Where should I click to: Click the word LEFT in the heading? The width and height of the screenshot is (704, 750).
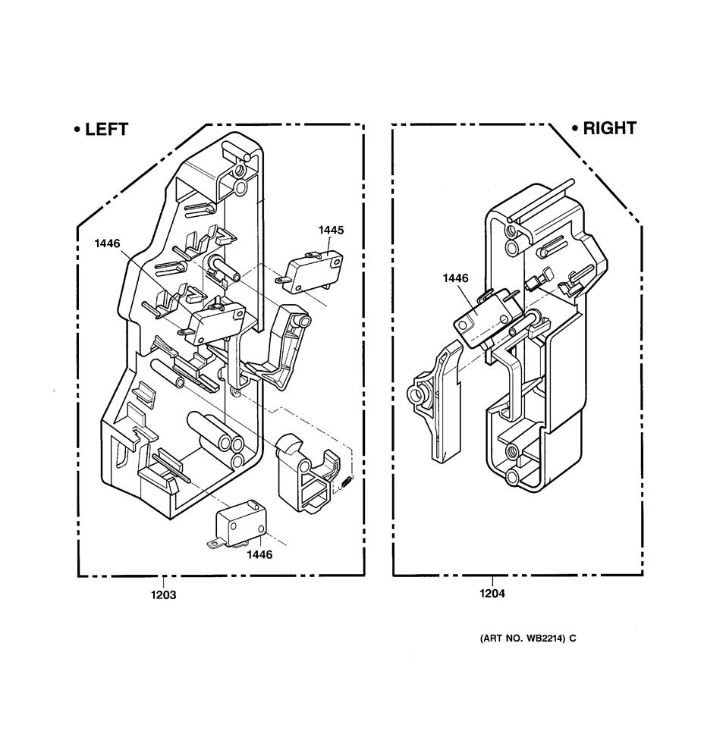point(107,129)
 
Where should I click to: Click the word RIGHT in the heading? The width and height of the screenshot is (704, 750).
point(609,128)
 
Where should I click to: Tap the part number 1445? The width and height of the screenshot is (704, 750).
point(332,230)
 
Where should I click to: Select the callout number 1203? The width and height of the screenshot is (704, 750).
point(164,595)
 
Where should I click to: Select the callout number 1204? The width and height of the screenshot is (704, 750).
point(492,594)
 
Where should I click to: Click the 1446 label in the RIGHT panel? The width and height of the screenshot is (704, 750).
point(456,278)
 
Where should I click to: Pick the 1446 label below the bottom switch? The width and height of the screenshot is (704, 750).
point(259,554)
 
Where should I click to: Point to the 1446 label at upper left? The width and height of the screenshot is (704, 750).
point(107,243)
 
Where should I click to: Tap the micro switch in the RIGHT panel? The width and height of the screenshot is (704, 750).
point(487,318)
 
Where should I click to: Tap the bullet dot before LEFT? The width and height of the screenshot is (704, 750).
point(77,129)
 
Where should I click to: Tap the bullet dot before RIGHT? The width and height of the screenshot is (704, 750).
point(575,128)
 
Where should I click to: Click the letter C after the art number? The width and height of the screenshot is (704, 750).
point(573,638)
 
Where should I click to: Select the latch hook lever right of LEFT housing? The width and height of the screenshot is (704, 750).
point(280,344)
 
